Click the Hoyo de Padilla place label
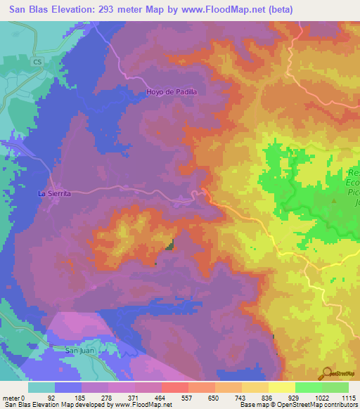(172, 91)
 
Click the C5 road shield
(37, 63)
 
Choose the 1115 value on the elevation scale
(349, 398)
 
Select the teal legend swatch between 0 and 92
(41, 387)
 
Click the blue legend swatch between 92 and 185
(68, 387)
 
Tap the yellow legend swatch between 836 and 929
(282, 387)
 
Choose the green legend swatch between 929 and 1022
(309, 387)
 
